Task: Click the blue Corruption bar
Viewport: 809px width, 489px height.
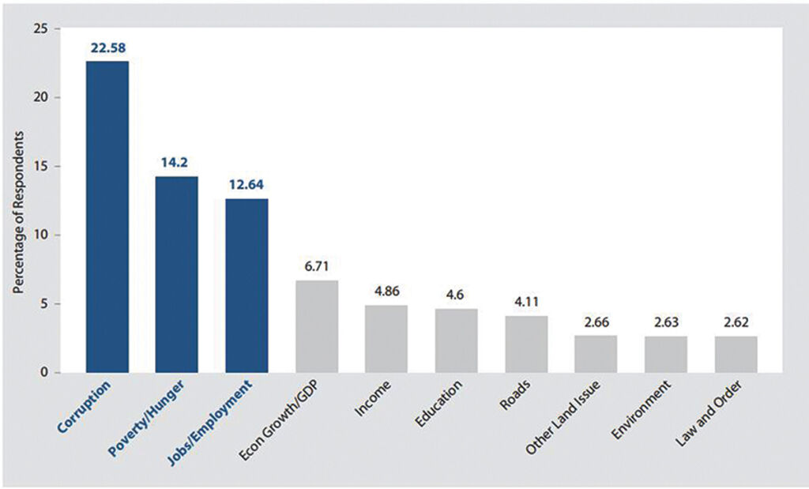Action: pyautogui.click(x=107, y=216)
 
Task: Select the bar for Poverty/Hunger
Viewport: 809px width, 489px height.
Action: pyautogui.click(x=177, y=274)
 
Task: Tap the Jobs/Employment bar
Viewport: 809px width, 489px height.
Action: pyautogui.click(x=246, y=285)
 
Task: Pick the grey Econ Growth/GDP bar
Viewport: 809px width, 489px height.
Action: pyautogui.click(x=316, y=326)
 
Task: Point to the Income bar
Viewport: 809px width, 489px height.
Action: pyautogui.click(x=386, y=339)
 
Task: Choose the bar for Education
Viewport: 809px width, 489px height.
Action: pyautogui.click(x=456, y=340)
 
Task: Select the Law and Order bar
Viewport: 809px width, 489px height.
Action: pyautogui.click(x=736, y=355)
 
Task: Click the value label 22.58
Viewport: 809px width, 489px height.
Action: pyautogui.click(x=107, y=47)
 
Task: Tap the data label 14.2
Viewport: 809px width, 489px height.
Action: pyautogui.click(x=177, y=162)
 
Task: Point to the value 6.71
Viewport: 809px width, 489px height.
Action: pyautogui.click(x=316, y=266)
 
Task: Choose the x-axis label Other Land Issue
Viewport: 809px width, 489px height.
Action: pyautogui.click(x=565, y=416)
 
